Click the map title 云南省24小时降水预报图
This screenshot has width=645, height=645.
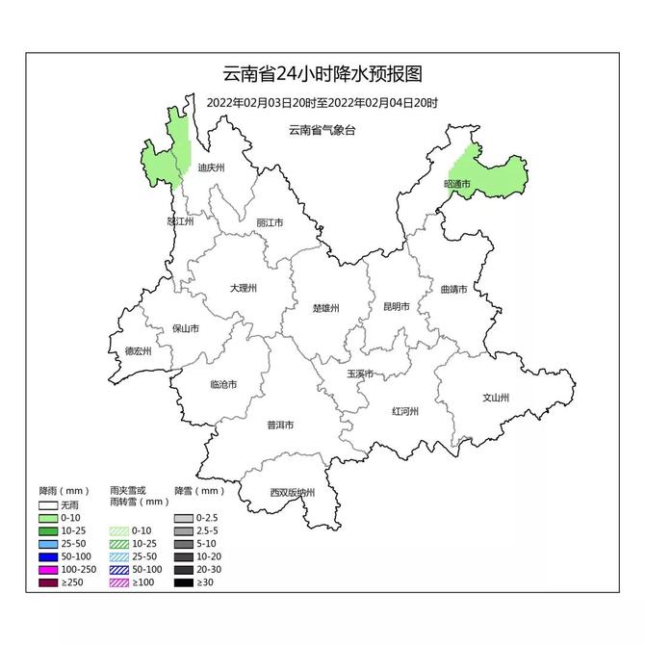point(322,74)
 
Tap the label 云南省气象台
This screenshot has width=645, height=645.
point(322,129)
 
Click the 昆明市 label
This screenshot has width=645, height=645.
point(397,307)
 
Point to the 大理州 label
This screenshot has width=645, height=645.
point(244,288)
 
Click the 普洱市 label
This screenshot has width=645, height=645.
point(280,425)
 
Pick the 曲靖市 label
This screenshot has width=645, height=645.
point(452,288)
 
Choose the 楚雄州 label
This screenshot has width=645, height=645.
point(326,309)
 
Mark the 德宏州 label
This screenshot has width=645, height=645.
point(139,351)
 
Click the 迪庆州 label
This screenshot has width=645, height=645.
point(210,168)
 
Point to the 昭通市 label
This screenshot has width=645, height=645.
point(457,183)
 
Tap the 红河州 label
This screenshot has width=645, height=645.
point(404,411)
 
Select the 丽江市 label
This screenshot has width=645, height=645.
point(270,222)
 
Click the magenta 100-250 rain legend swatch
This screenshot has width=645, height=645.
point(48,569)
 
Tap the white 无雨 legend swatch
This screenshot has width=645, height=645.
point(48,504)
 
